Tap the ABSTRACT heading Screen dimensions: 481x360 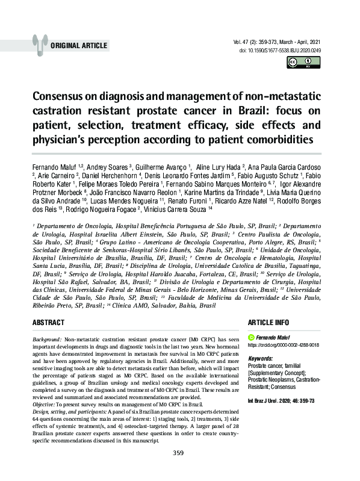click(x=48, y=323)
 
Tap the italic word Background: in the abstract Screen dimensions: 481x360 click(x=46, y=340)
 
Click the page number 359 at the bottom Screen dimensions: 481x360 click(x=178, y=470)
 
